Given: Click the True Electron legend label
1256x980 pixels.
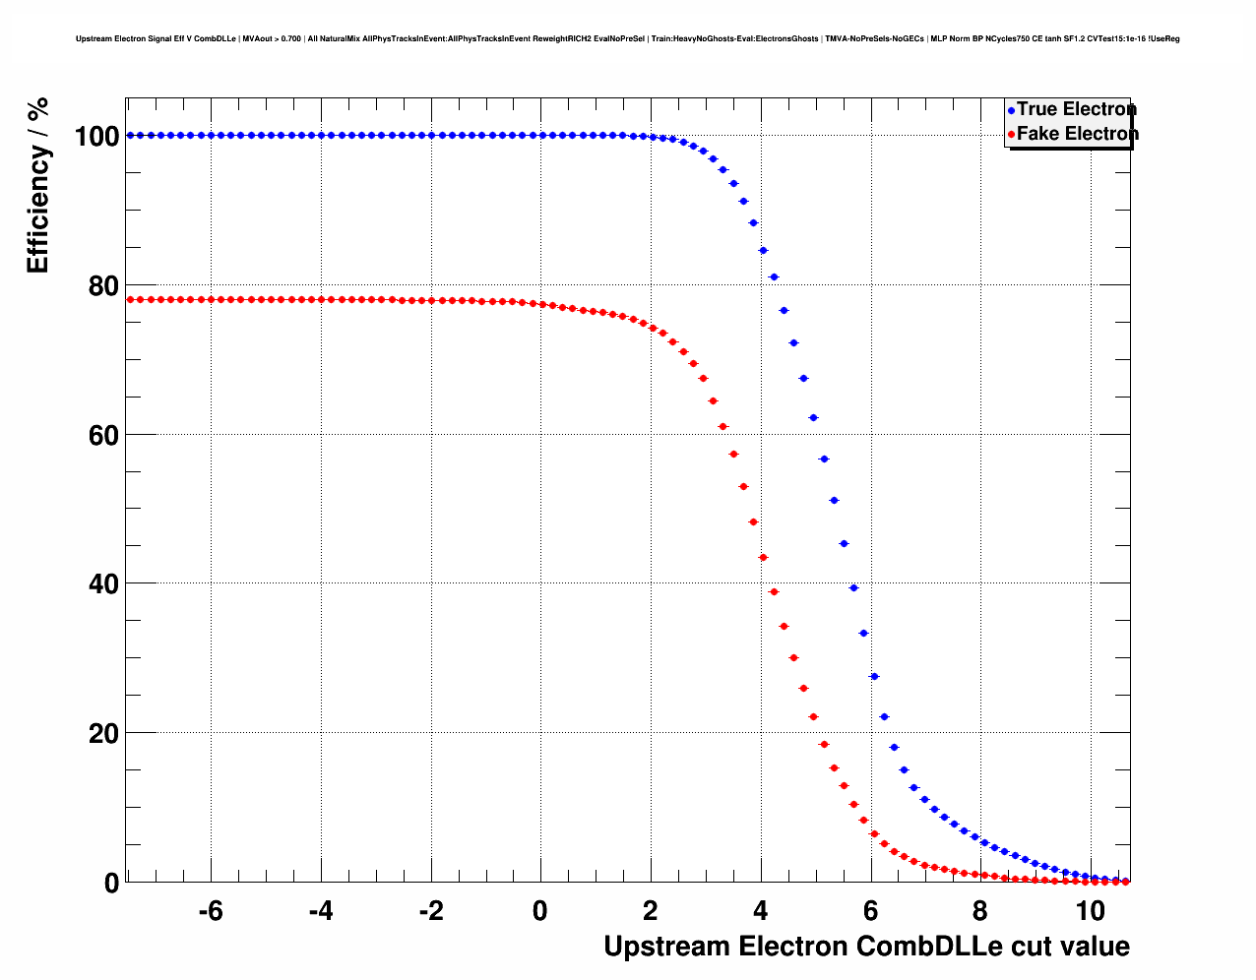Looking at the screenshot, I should (x=1076, y=109).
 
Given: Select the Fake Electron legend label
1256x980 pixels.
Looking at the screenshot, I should (x=1077, y=134).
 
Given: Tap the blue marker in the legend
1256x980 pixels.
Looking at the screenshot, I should (x=1011, y=111).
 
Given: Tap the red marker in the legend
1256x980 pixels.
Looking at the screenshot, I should (x=1011, y=135).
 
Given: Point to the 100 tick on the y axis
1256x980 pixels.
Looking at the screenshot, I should (x=96, y=137).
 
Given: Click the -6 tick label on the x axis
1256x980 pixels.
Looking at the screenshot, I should (x=210, y=911).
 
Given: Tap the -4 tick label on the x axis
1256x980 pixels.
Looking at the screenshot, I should (x=320, y=911).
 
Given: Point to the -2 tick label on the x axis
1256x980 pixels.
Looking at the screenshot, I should (x=430, y=911).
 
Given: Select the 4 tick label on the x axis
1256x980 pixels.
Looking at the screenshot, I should (x=760, y=911).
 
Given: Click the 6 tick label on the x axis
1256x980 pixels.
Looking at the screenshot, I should (x=870, y=911).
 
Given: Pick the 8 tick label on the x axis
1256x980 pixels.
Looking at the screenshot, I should (x=979, y=911).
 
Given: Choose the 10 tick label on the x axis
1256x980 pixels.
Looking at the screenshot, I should (x=1089, y=911).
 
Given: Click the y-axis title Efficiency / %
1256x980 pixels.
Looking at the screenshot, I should (x=38, y=186).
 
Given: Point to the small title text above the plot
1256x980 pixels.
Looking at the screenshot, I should (x=627, y=39).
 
